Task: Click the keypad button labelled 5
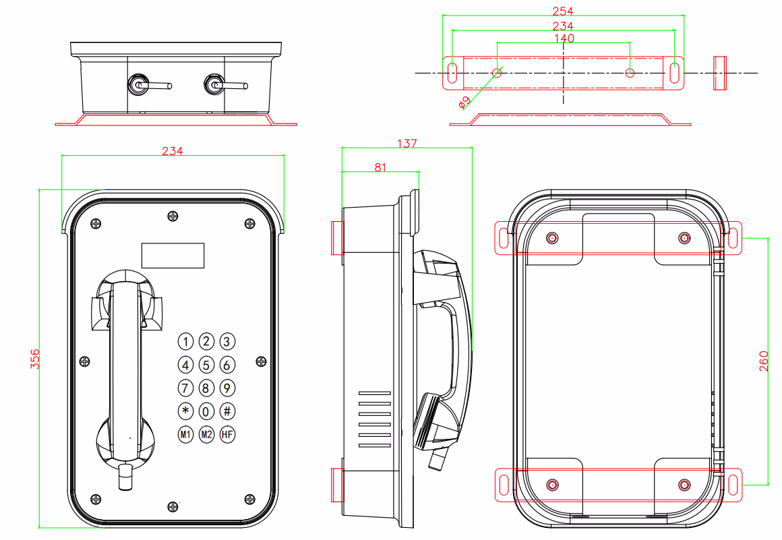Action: coord(206,365)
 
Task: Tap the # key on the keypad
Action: coord(227,411)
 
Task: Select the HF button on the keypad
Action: coord(227,434)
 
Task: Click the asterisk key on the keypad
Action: coord(185,411)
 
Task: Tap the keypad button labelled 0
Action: coord(206,411)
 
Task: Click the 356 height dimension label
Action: coord(34,359)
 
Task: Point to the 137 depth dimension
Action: coord(407,144)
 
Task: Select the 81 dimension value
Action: coord(380,168)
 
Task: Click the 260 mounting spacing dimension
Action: coord(764,361)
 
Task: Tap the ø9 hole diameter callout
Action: coord(464,102)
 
